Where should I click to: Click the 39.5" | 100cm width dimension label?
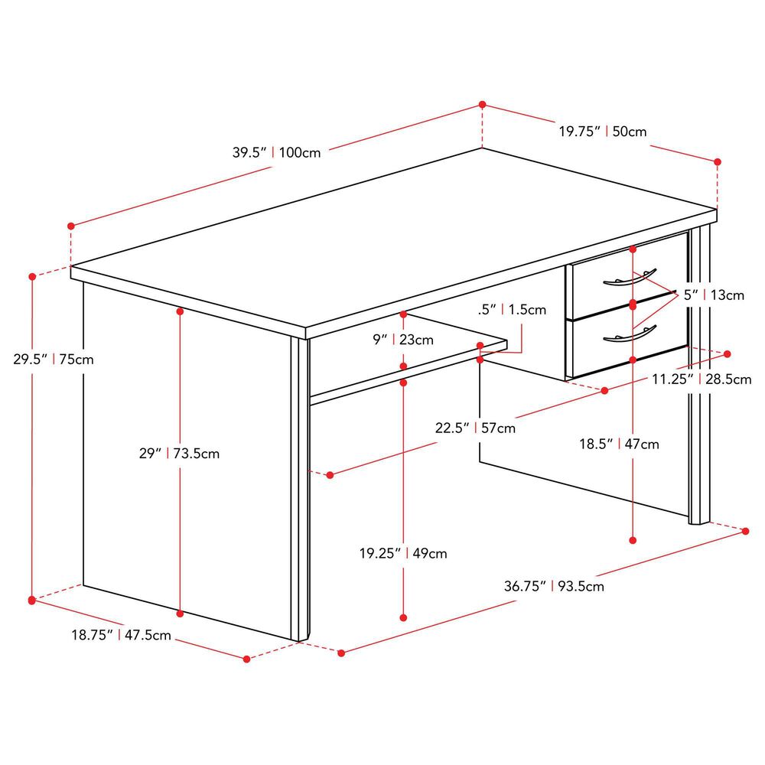coord(276,153)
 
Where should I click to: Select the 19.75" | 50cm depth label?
coord(603,132)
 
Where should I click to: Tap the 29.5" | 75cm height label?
coord(54,360)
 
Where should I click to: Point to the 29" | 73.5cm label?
coord(179,454)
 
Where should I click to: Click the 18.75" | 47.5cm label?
coord(121,635)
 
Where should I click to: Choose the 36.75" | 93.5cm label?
coord(554,586)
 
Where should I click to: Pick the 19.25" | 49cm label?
coord(403,554)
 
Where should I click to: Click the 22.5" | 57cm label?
coord(475,428)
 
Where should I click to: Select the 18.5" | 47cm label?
coord(619,444)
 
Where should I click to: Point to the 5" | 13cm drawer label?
coord(713,295)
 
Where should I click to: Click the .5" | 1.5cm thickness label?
coord(512,310)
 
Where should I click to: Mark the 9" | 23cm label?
coord(403,340)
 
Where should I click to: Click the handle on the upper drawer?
coord(630,278)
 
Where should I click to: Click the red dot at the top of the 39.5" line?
coord(483,104)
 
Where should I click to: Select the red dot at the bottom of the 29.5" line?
coord(32,600)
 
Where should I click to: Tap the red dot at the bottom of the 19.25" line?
coord(403,617)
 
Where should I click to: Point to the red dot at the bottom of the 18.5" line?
coord(633,540)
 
